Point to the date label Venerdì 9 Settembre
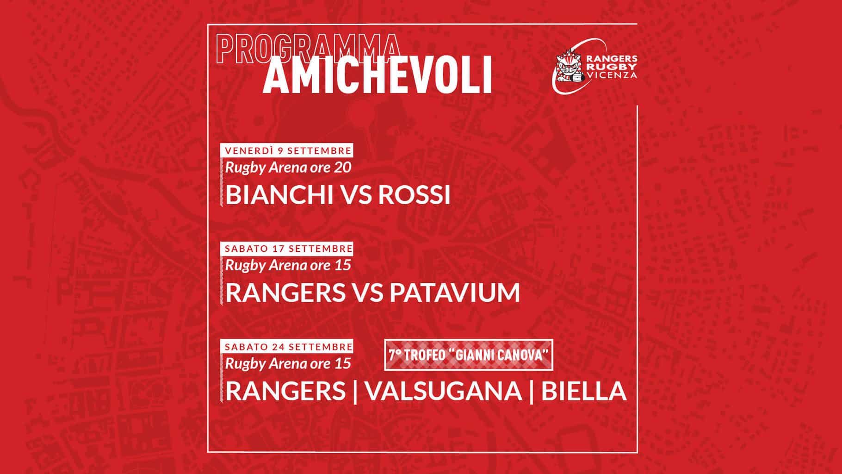(288, 150)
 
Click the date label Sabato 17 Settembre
(288, 249)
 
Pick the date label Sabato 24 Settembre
(288, 347)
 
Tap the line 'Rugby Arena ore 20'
(288, 168)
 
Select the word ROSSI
(415, 195)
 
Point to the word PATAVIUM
(455, 293)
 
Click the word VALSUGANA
(444, 391)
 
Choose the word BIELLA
(584, 391)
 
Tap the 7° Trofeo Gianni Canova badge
(469, 355)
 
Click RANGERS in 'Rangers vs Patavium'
(285, 293)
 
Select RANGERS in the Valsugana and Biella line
(285, 391)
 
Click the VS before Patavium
(367, 293)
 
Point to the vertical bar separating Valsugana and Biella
(532, 392)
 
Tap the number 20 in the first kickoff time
(342, 168)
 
